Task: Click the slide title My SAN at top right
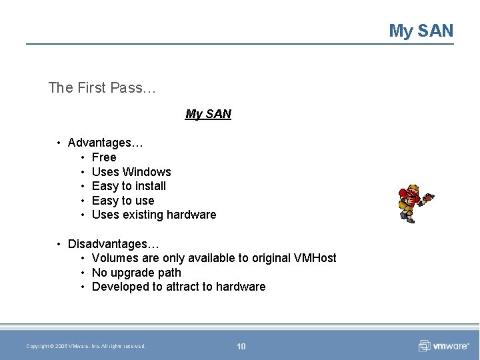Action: coord(421,31)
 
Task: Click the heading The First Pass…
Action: coord(101,87)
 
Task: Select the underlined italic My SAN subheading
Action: coord(208,114)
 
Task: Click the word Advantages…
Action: coord(105,143)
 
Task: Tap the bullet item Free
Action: coord(104,157)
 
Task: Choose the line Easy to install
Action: coord(129,186)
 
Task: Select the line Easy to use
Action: coord(123,201)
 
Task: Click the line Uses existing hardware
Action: coord(154,215)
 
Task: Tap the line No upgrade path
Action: coord(136,273)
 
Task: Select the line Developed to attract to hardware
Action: coord(179,287)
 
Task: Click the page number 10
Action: coord(241,346)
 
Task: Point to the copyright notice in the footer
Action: coord(86,346)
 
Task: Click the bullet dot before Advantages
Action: coord(59,143)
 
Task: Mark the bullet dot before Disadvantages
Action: coord(59,244)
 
